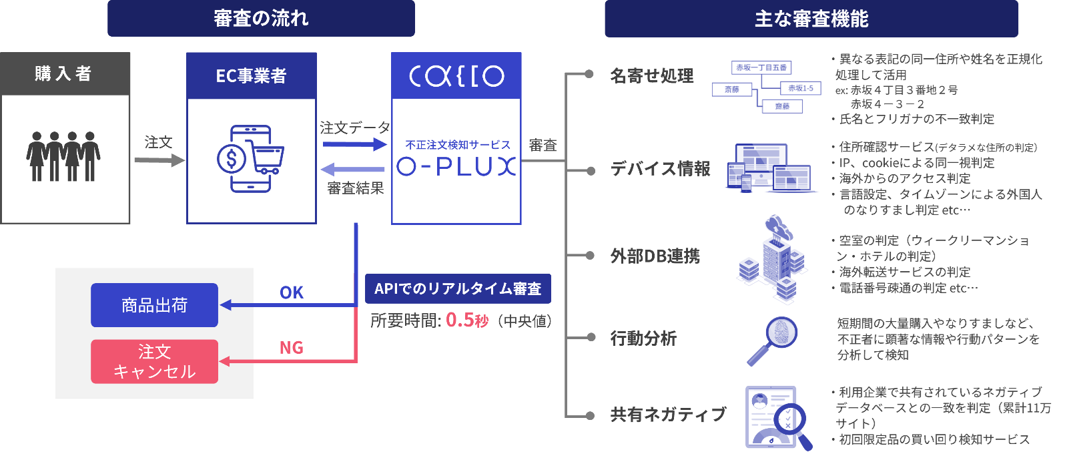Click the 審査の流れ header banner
tap(261, 18)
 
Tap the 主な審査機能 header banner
tap(811, 19)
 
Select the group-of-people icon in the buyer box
tap(63, 156)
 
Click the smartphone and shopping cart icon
tap(250, 159)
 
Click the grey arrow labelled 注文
tap(159, 160)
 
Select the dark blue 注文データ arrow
tap(354, 144)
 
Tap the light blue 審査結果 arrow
tap(352, 169)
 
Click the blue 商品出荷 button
tap(154, 305)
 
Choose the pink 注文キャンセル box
tap(154, 361)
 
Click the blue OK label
tap(292, 292)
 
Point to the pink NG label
tap(292, 348)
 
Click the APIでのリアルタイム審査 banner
tap(458, 288)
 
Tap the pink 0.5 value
tap(460, 320)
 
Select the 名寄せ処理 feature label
tap(652, 75)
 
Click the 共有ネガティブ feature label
tap(669, 415)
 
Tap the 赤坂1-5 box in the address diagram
tap(801, 88)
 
